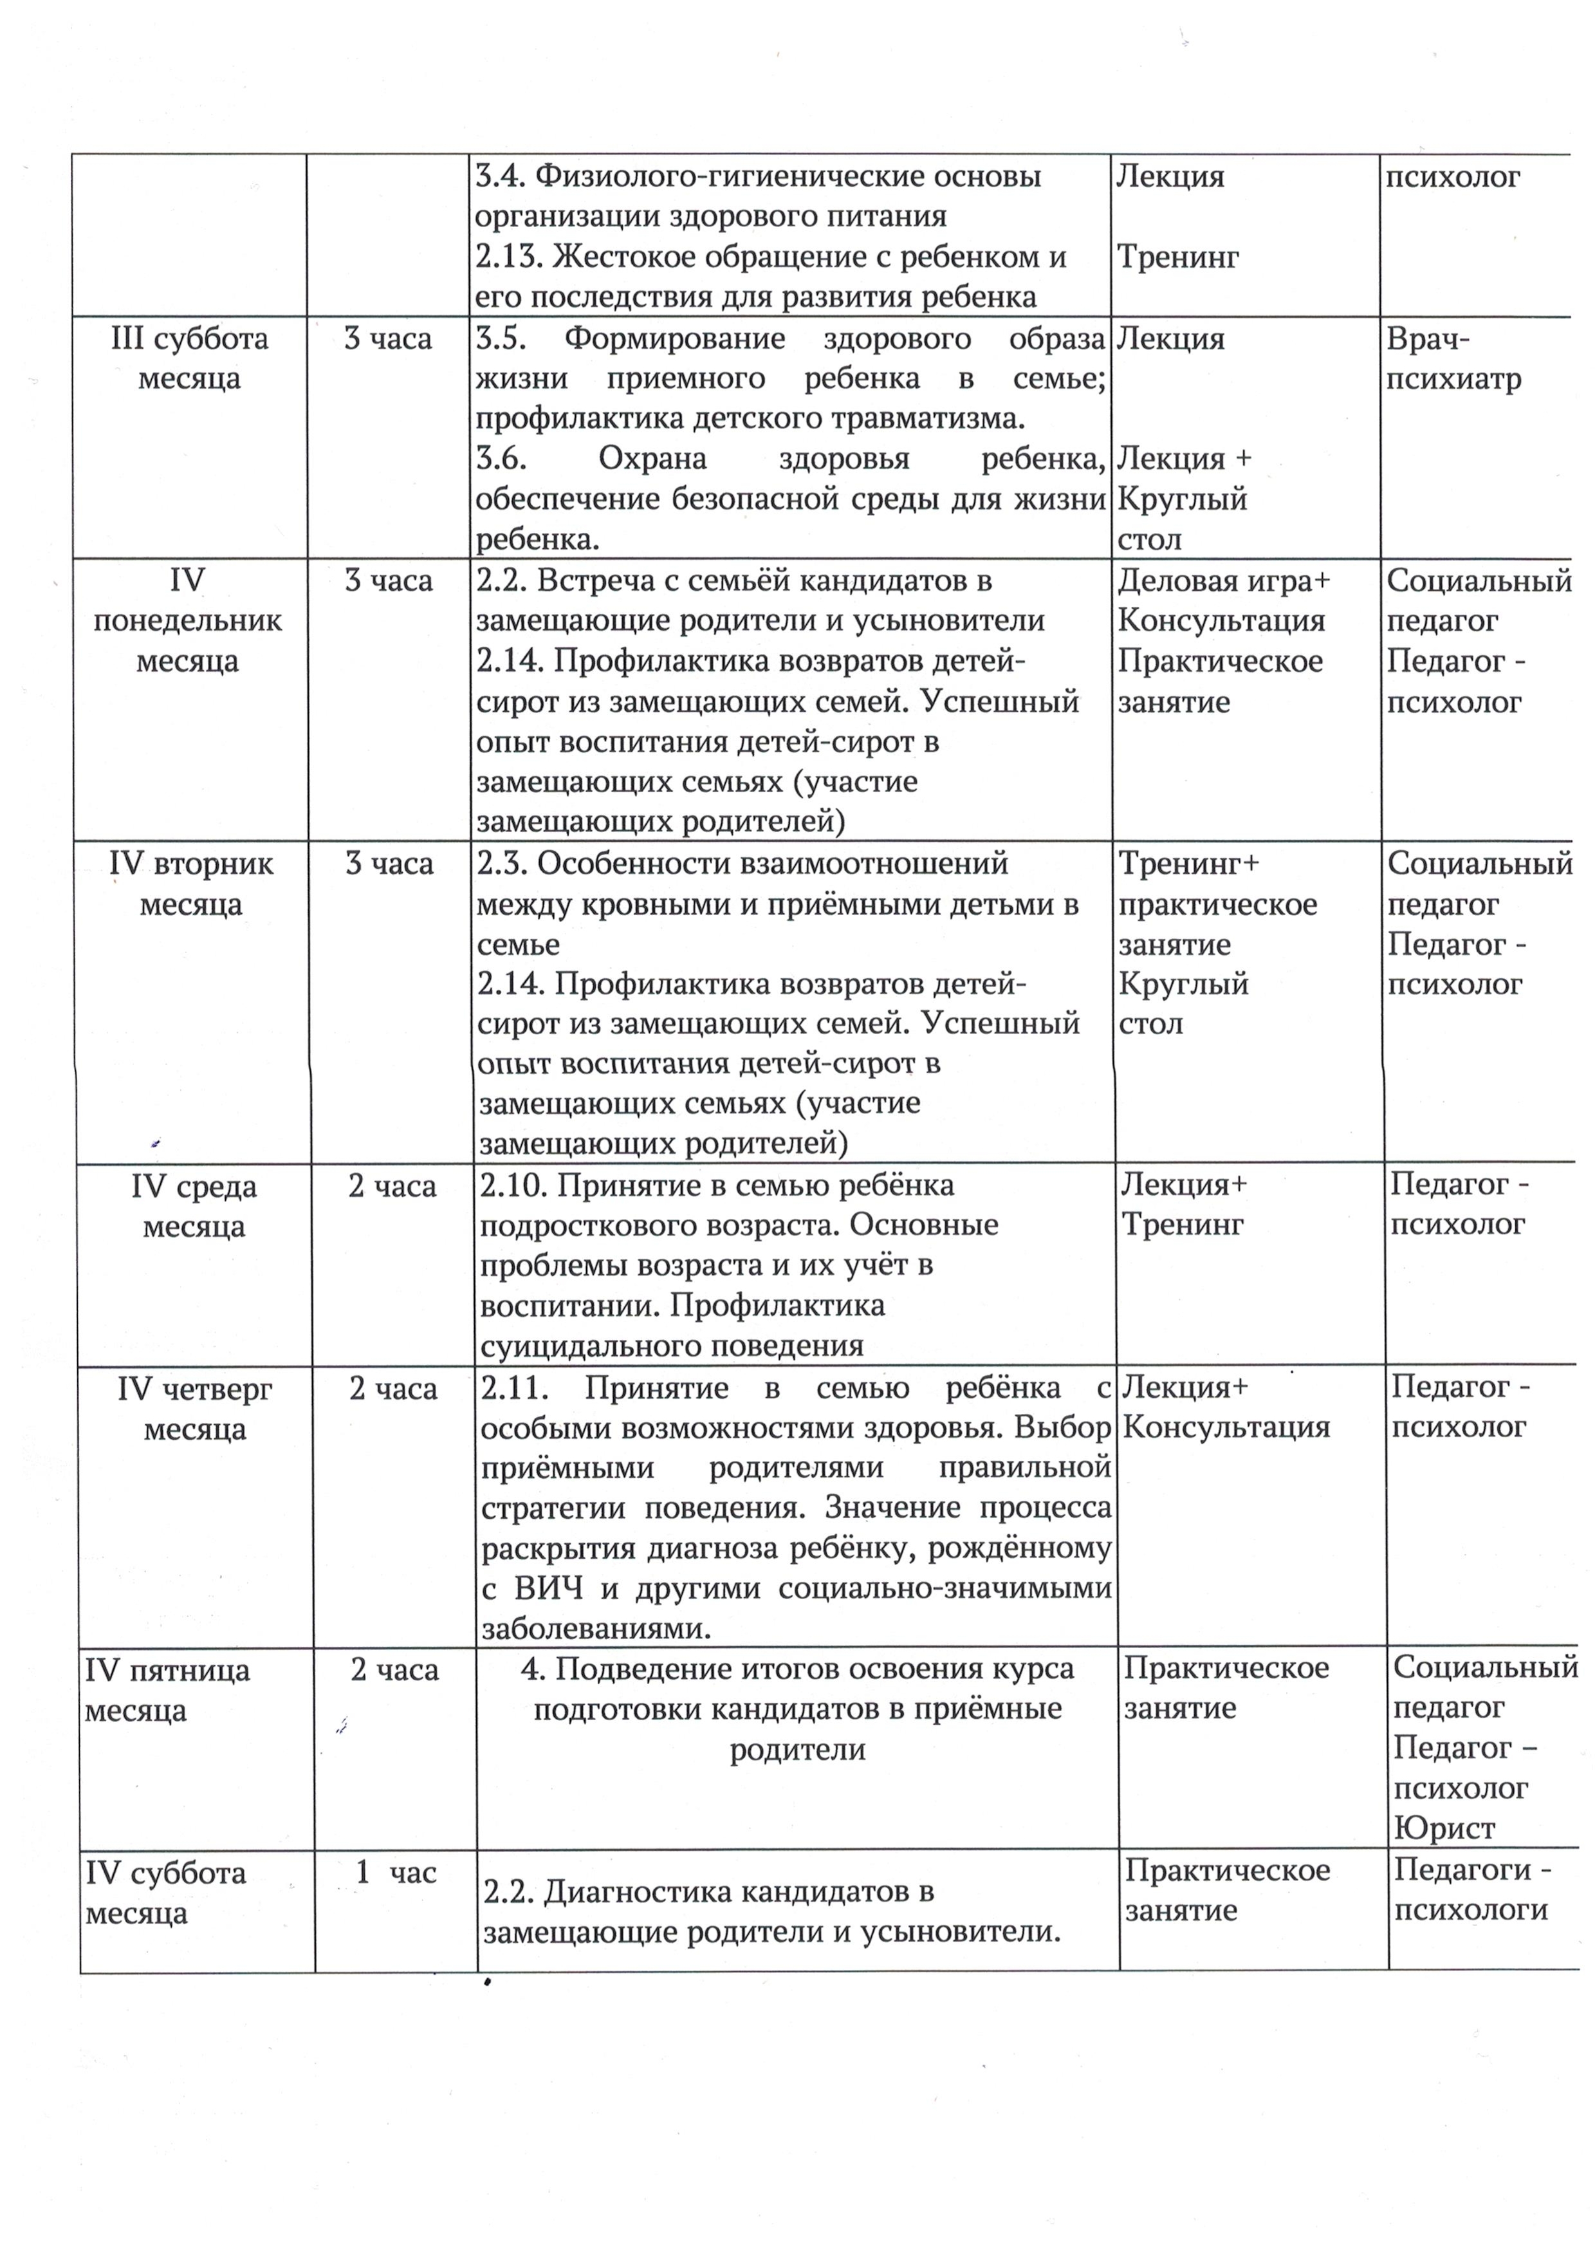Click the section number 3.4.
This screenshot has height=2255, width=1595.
click(499, 177)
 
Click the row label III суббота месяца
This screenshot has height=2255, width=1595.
click(190, 358)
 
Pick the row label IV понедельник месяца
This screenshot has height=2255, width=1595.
click(188, 621)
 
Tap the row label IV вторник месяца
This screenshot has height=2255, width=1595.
click(192, 884)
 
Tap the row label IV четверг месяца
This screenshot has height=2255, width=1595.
click(194, 1409)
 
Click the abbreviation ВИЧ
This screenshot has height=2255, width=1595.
click(549, 1588)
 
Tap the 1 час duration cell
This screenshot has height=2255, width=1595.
click(395, 1873)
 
